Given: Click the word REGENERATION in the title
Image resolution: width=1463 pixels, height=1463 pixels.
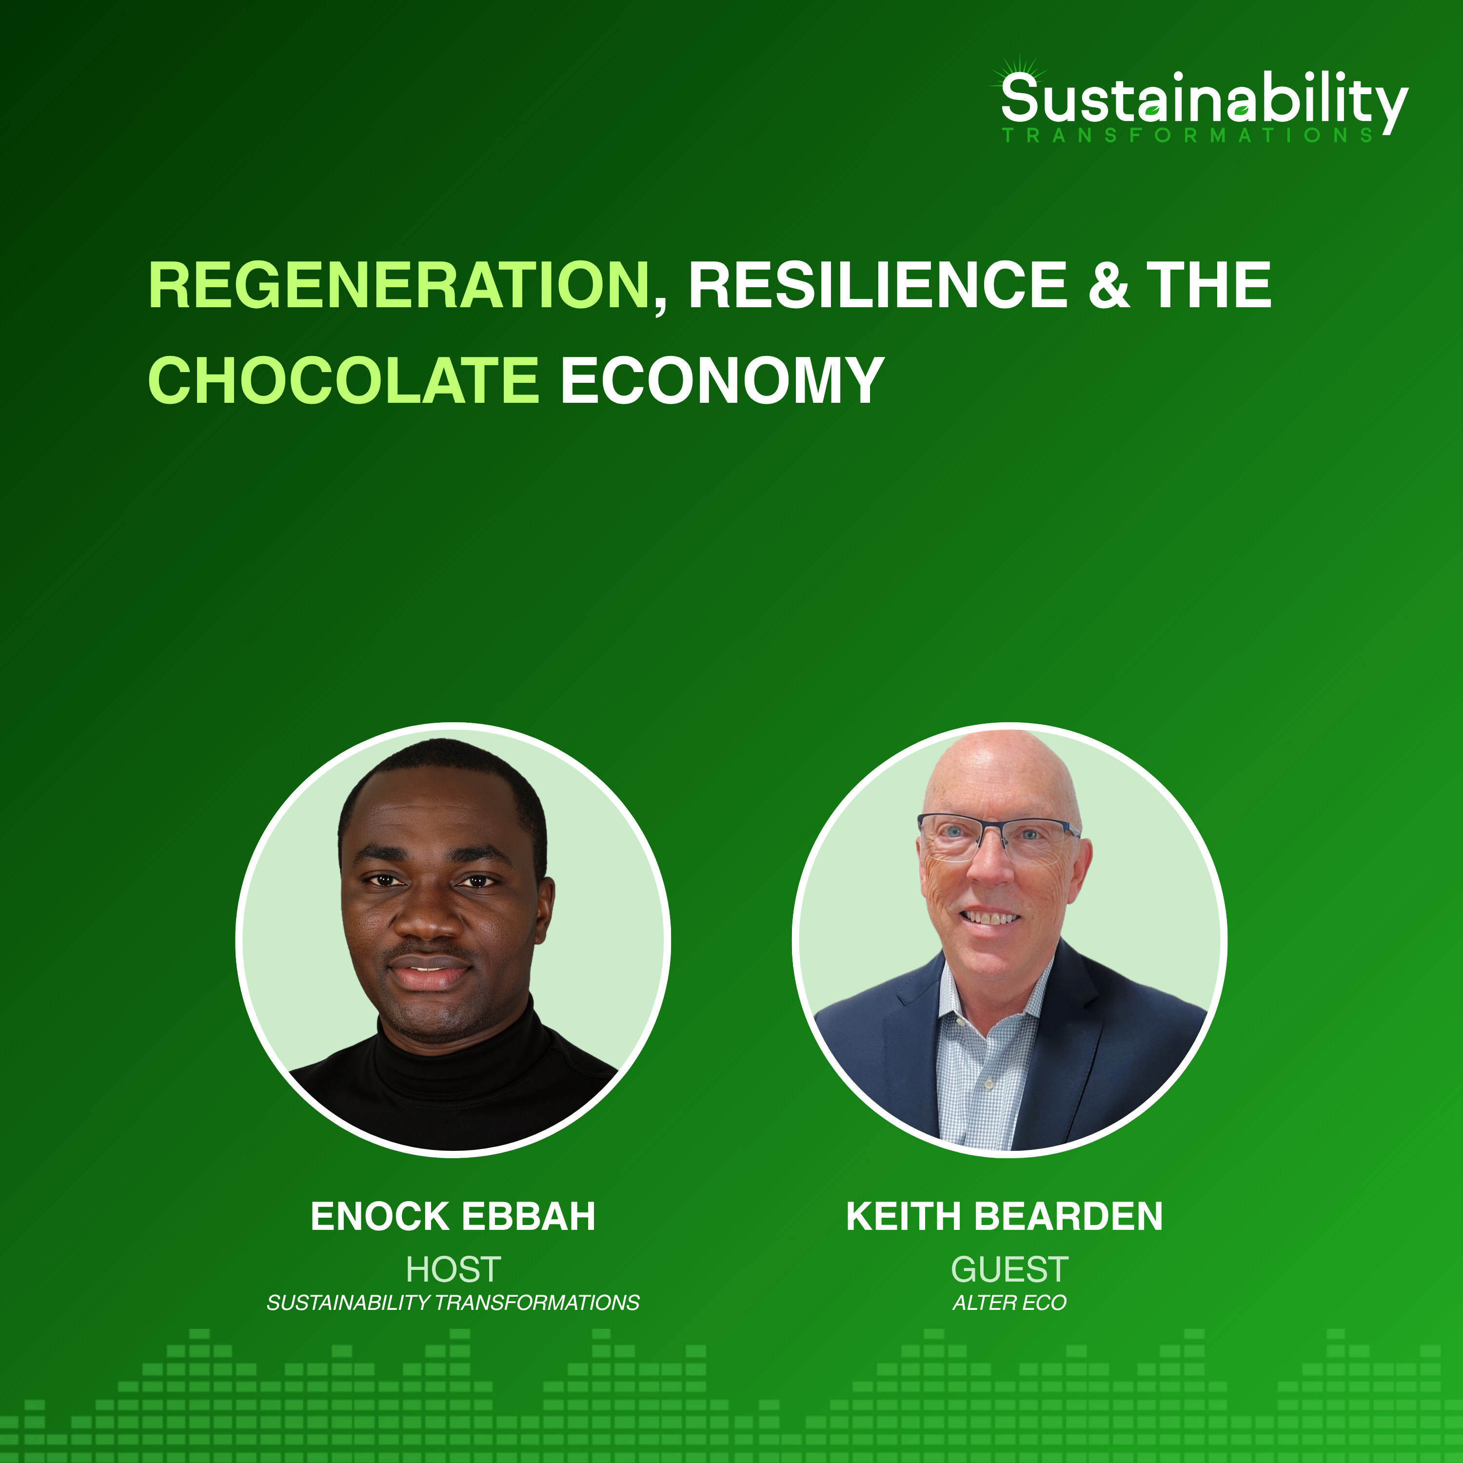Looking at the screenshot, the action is coord(399,285).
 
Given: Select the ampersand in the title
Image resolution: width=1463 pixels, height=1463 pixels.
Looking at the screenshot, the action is coord(1109,285).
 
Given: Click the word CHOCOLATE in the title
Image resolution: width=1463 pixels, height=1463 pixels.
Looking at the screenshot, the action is coord(343,380).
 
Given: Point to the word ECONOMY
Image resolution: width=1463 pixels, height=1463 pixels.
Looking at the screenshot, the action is coord(722,380).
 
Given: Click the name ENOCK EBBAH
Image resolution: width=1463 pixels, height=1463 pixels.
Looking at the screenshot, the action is coord(453,1216).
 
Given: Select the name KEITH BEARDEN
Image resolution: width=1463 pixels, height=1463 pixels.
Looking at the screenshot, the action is coord(1004,1216).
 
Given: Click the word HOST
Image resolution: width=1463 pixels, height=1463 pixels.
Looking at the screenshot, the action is coord(453,1269).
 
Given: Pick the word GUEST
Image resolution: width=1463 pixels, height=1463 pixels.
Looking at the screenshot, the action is coord(1009,1269).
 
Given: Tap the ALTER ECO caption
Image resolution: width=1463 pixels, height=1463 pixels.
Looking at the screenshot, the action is coord(1009,1303).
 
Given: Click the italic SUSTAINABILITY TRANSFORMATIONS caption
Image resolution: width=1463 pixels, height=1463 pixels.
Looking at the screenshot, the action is coord(453,1303).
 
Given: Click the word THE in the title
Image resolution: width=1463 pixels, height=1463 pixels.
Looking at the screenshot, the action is coord(1208,285).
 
